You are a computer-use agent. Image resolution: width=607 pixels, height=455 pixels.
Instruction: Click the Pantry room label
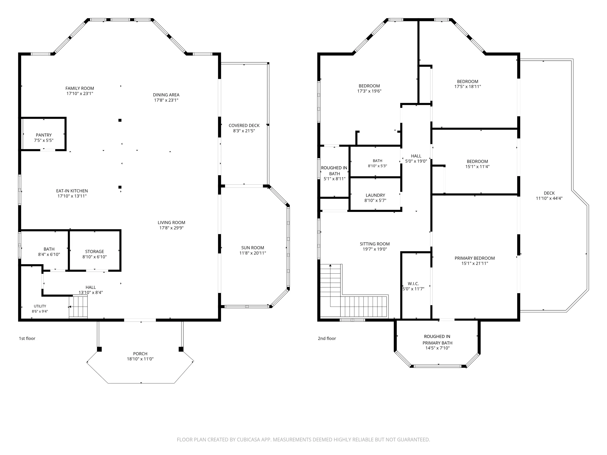(44, 135)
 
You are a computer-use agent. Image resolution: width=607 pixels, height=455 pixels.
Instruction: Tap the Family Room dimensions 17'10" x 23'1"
(80, 94)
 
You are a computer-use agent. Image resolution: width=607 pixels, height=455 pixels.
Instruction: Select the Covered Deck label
(244, 125)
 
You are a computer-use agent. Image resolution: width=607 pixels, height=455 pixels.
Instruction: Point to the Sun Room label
(253, 248)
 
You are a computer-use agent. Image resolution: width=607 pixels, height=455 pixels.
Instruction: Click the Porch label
(140, 354)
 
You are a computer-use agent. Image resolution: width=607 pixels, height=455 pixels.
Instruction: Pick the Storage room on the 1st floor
(95, 250)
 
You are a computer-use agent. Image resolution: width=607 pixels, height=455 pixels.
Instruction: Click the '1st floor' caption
(27, 338)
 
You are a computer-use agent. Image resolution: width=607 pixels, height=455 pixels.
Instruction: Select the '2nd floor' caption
(327, 338)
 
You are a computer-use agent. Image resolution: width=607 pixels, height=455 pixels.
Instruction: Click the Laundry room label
(375, 195)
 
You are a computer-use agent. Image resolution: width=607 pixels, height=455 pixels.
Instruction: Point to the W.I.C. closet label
(413, 284)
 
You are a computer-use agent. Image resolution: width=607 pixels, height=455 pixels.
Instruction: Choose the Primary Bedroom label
(475, 258)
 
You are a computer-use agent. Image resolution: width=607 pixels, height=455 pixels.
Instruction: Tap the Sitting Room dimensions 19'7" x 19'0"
(375, 249)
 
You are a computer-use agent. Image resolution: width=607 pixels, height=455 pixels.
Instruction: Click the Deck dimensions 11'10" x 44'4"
(549, 198)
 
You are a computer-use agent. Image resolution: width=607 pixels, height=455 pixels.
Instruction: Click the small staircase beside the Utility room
(78, 307)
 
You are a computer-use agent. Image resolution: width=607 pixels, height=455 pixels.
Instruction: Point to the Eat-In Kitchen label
(72, 191)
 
